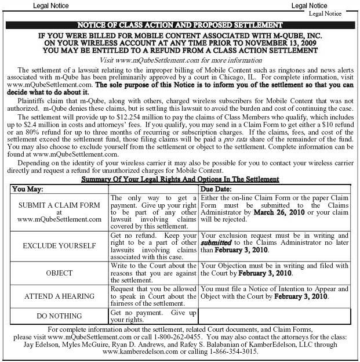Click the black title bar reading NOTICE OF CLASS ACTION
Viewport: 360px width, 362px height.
[180, 25]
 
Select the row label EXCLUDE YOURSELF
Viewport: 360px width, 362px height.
[59, 246]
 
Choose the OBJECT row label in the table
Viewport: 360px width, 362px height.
[59, 273]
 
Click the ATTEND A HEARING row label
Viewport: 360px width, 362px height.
[59, 296]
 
